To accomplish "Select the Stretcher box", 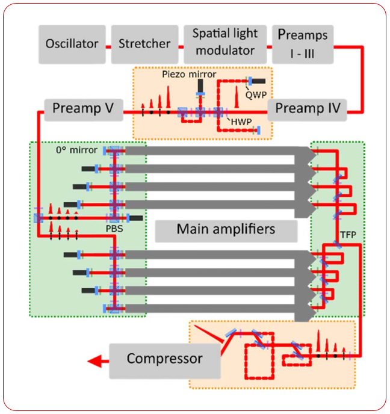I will tap(144, 44).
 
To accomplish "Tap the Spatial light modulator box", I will tap(223, 44).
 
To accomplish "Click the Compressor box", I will tap(164, 359).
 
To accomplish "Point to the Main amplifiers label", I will tap(226, 230).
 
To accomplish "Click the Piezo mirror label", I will tap(187, 75).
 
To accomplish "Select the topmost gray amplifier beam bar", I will tap(211, 152).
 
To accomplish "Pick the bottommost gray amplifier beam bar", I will tap(211, 309).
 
